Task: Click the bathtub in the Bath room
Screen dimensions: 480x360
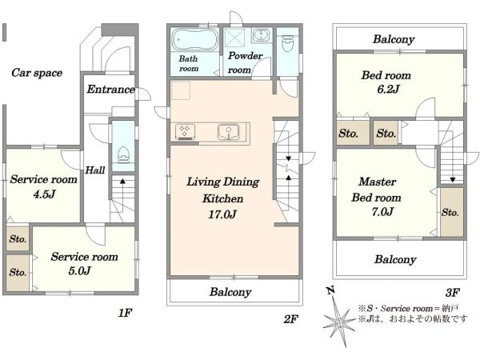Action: pos(195,39)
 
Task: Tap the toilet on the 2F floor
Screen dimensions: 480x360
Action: pos(287,43)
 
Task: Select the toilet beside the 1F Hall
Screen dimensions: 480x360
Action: pos(123,154)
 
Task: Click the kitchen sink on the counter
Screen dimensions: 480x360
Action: pos(228,132)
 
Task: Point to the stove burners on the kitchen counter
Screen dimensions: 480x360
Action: pos(186,132)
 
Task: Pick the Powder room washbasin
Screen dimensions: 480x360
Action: pos(261,35)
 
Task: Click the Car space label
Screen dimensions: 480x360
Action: pos(37,73)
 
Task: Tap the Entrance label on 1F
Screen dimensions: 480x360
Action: pos(111,89)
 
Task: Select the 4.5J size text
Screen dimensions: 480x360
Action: pos(45,194)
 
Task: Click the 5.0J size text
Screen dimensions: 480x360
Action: pos(79,271)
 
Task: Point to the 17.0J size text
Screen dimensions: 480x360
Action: pos(222,214)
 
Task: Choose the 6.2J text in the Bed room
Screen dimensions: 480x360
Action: pos(388,89)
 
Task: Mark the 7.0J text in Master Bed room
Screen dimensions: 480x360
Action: pos(382,211)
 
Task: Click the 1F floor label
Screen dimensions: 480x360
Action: pos(125,313)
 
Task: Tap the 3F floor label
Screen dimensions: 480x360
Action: pos(453,293)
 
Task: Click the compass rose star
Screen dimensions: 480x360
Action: pos(339,322)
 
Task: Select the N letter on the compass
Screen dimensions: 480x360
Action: pos(330,290)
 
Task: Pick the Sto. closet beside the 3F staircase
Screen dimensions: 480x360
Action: pos(451,212)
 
